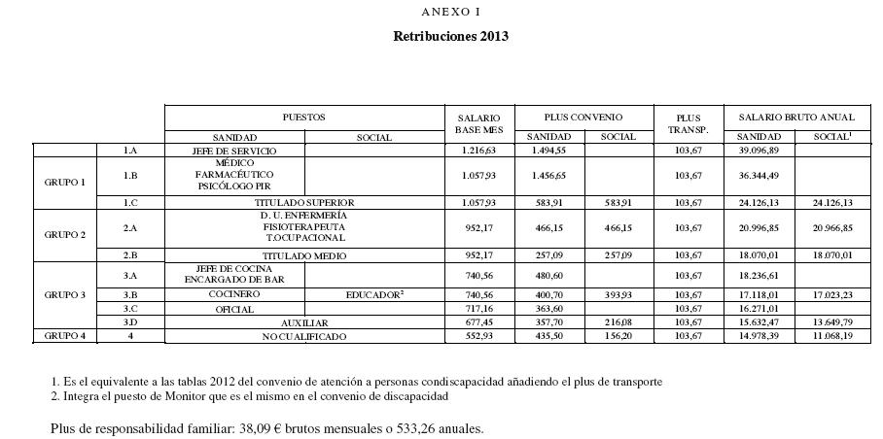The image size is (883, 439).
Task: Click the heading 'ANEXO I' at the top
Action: [x=450, y=12]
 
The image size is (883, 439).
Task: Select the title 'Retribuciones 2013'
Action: [x=450, y=37]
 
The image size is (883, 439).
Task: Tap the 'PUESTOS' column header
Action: [x=303, y=117]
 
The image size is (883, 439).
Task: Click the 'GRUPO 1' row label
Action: [x=65, y=182]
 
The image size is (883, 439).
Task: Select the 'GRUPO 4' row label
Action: [x=65, y=336]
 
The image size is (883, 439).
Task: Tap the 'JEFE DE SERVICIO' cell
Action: [x=234, y=151]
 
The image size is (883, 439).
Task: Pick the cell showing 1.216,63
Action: [x=478, y=151]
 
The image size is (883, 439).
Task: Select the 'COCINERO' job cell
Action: [x=234, y=293]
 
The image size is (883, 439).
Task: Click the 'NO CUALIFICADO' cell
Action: [x=303, y=336]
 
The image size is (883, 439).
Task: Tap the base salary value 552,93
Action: [x=478, y=336]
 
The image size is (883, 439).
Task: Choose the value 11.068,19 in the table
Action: [x=833, y=336]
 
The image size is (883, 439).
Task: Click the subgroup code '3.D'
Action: [x=130, y=321]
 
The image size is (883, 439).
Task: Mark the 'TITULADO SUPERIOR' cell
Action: [x=303, y=202]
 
